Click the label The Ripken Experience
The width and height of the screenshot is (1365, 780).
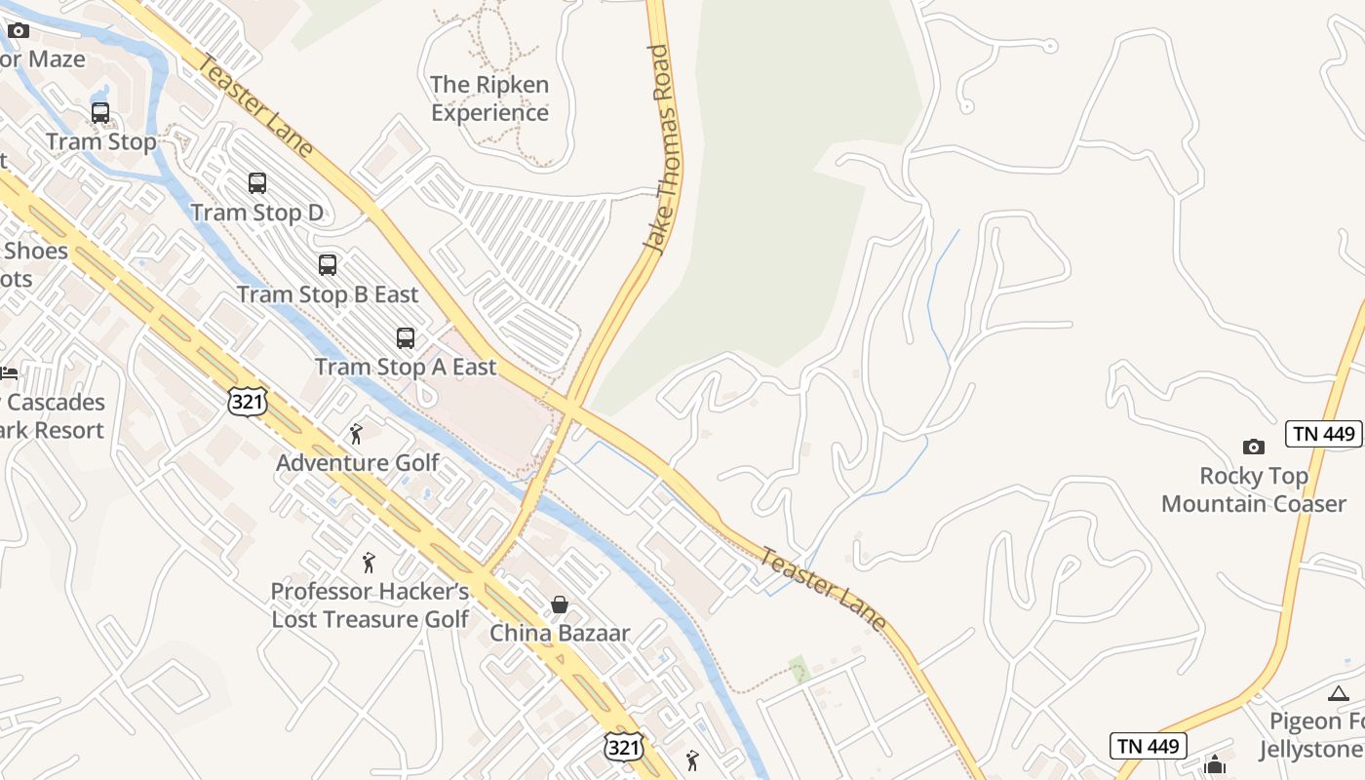coord(489,98)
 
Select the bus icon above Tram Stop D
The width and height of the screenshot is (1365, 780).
coord(257,182)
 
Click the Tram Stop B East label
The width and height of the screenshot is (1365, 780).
coord(328,294)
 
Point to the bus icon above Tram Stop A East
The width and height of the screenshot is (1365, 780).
coord(406,338)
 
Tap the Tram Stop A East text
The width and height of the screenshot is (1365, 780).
coord(406,368)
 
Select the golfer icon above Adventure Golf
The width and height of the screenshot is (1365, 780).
coord(356,434)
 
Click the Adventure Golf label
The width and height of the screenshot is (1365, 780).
coord(358,462)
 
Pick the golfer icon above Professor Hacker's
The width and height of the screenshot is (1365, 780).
coord(369,563)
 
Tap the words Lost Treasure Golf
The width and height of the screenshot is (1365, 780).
coord(370,619)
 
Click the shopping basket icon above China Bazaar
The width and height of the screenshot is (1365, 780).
coord(560,604)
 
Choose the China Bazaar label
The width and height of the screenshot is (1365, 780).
coord(560,633)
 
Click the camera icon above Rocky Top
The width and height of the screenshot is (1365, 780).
coord(1253,447)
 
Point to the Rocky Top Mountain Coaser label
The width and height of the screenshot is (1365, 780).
coord(1254,489)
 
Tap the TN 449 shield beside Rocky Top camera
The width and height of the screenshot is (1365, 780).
coord(1322,434)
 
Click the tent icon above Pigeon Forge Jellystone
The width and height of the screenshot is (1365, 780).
coord(1339,693)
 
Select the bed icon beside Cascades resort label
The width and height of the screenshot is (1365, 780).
coord(8,373)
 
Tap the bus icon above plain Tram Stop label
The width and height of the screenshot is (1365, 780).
coord(100,113)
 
